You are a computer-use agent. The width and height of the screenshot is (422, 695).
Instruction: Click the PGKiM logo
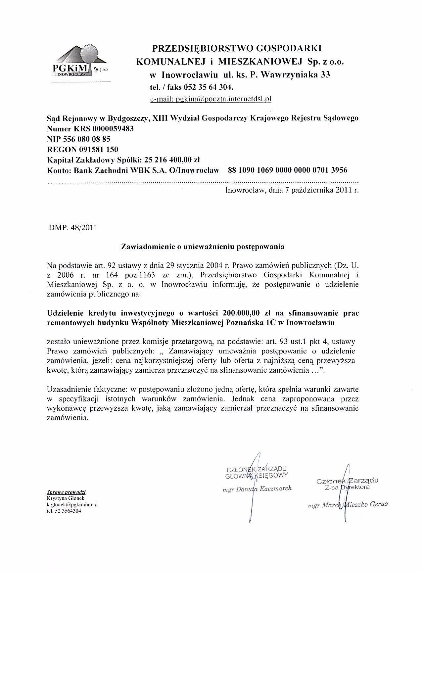pyautogui.click(x=80, y=62)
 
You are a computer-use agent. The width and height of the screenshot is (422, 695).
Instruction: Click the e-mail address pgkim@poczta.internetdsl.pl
pyautogui.click(x=211, y=99)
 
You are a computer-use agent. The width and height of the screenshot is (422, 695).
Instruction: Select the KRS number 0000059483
pyautogui.click(x=113, y=128)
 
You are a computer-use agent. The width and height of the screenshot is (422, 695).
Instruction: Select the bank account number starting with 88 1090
pyautogui.click(x=288, y=170)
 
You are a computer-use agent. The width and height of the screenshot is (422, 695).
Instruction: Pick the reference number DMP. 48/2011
pyautogui.click(x=73, y=228)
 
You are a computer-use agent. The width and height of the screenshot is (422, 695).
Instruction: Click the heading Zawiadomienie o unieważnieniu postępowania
pyautogui.click(x=203, y=247)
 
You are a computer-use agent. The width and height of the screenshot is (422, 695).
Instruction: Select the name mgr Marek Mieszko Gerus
pyautogui.click(x=348, y=504)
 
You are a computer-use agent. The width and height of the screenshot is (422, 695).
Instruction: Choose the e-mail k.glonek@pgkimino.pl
pyautogui.click(x=72, y=505)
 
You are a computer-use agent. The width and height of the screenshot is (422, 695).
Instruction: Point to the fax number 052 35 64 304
pyautogui.click(x=208, y=87)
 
